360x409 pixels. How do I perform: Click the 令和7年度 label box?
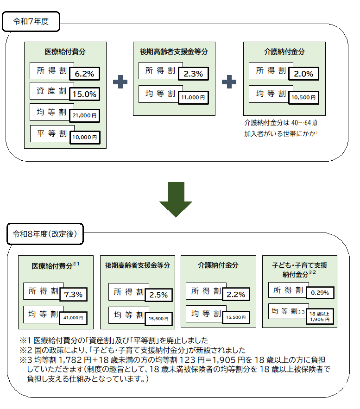[x=31, y=21]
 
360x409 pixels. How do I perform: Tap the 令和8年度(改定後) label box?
[x=45, y=234]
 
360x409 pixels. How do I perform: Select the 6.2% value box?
[x=84, y=74]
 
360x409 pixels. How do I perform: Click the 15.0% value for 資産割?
[x=84, y=94]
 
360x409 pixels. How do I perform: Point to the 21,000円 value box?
[x=84, y=115]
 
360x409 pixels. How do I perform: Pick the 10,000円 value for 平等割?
[x=84, y=137]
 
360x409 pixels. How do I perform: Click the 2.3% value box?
[x=193, y=74]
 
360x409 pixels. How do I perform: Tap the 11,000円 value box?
[x=193, y=97]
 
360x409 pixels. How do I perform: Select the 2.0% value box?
[x=303, y=74]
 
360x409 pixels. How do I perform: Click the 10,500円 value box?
[x=303, y=97]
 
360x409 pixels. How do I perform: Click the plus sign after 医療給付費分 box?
[x=120, y=81]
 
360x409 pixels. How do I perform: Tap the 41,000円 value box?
[x=74, y=318]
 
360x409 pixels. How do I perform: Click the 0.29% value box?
[x=320, y=293]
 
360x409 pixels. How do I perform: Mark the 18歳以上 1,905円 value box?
[x=320, y=316]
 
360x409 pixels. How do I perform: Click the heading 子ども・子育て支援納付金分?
[x=299, y=270]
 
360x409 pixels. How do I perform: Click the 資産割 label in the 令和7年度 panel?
[x=51, y=91]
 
